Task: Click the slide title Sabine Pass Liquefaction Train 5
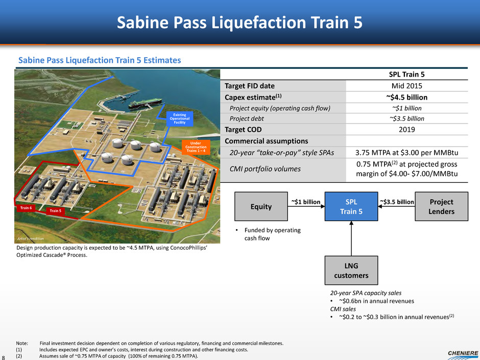(x=239, y=22)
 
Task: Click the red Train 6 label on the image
(x=26, y=208)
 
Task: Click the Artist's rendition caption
(x=30, y=238)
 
